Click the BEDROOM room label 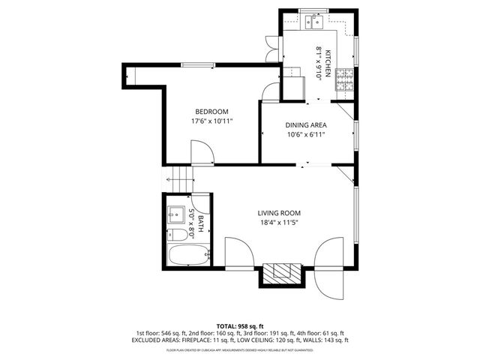point(212,111)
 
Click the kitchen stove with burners point(344,80)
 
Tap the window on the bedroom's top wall point(198,65)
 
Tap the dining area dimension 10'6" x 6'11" point(307,135)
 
